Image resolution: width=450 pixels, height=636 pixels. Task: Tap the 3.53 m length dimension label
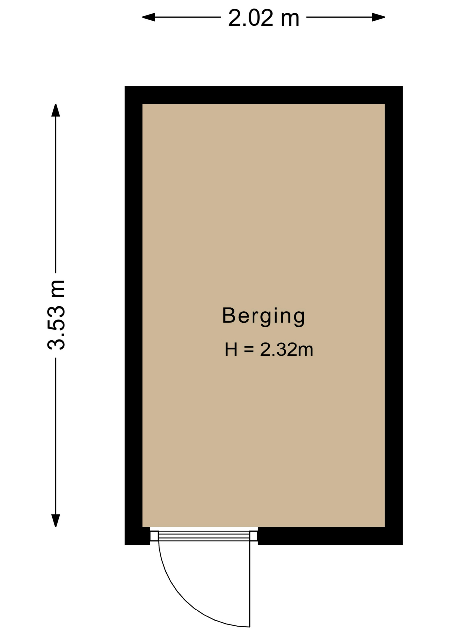(x=56, y=315)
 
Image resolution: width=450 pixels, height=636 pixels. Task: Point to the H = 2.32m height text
(x=269, y=349)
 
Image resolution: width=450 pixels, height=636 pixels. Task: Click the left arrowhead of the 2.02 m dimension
(x=148, y=17)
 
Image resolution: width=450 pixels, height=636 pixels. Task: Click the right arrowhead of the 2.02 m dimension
(x=379, y=17)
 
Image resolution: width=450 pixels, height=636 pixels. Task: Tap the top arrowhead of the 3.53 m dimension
(x=56, y=110)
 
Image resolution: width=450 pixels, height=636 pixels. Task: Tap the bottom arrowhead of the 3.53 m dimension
(x=56, y=520)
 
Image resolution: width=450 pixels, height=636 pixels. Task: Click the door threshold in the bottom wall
(x=204, y=536)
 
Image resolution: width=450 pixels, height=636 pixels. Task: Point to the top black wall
(x=263, y=95)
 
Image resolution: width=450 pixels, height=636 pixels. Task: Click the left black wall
(x=134, y=315)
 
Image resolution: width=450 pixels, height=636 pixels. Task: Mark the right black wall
(x=394, y=315)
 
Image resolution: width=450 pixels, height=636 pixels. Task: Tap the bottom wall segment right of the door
(x=330, y=536)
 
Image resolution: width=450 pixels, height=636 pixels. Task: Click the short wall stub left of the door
(x=137, y=536)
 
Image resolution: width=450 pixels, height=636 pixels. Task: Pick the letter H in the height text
(x=231, y=349)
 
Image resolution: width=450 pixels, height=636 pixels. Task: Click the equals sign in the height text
(x=249, y=350)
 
